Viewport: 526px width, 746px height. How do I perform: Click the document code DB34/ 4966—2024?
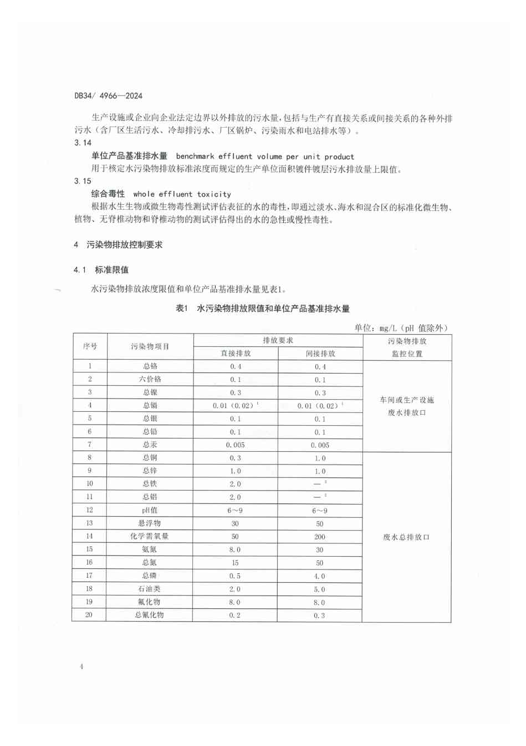(x=108, y=95)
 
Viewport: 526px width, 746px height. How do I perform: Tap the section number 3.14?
(x=83, y=143)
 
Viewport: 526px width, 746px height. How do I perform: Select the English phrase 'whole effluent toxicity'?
(x=182, y=194)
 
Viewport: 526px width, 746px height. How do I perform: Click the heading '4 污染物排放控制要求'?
(x=118, y=245)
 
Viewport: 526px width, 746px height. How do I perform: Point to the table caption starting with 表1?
(x=262, y=309)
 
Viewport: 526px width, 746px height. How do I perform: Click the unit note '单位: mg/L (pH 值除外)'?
(x=401, y=328)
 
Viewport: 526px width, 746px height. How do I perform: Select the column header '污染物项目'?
(x=150, y=346)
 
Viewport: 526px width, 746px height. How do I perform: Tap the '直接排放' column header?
(x=236, y=354)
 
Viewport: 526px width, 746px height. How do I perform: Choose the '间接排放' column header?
(x=320, y=354)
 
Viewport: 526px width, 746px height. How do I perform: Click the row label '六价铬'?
(x=150, y=380)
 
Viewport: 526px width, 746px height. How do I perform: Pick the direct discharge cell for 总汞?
(x=235, y=445)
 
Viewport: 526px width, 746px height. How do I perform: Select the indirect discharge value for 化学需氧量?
(x=320, y=537)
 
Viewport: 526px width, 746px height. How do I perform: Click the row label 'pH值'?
(x=150, y=510)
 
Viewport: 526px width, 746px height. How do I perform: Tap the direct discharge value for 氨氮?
(x=235, y=550)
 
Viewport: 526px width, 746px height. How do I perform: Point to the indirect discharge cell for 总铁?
(x=320, y=484)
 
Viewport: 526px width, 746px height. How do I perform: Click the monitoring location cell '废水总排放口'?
(x=406, y=537)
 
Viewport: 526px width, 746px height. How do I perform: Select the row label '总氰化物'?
(x=149, y=615)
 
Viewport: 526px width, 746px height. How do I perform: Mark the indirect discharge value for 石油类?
(x=320, y=589)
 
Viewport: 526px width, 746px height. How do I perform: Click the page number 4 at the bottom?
(x=81, y=667)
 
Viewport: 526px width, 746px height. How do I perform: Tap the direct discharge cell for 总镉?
(x=235, y=406)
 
